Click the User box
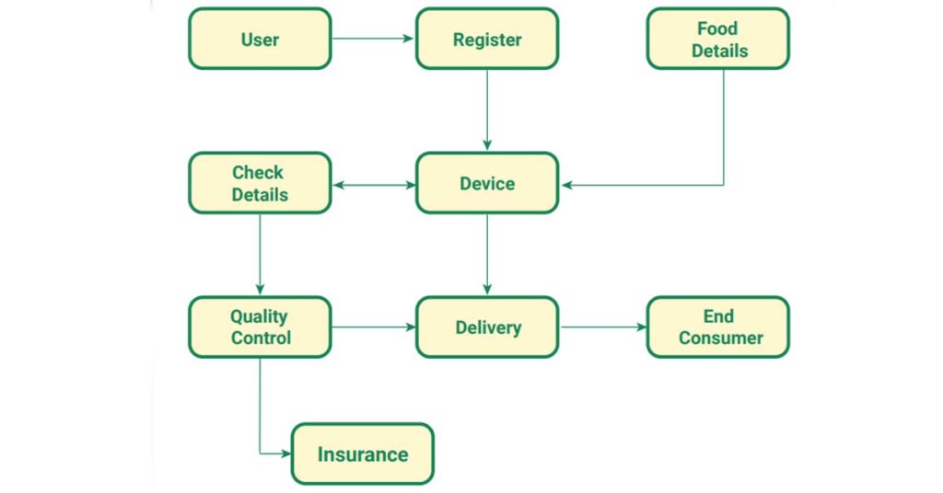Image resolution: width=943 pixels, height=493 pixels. [x=260, y=40]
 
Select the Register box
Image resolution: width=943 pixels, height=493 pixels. [x=486, y=40]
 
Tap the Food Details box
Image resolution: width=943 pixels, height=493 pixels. [x=717, y=40]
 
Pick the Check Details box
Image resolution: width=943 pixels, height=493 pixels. [x=260, y=183]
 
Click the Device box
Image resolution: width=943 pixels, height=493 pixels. [x=486, y=183]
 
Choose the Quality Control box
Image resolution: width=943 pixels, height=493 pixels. [x=260, y=327]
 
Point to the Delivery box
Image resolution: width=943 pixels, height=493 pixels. [x=486, y=327]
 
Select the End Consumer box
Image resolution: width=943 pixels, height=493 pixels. [x=717, y=327]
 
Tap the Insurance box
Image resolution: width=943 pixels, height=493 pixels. [x=362, y=453]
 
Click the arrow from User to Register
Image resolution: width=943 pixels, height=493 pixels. [x=373, y=40]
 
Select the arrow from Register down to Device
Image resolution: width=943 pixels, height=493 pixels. [x=486, y=110]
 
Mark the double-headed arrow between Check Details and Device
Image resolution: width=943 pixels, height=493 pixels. [x=373, y=185]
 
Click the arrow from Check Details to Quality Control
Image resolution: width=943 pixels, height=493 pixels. [x=260, y=255]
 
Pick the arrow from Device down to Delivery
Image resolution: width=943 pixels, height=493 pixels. [x=486, y=255]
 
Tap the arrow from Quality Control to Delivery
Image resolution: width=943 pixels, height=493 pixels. [x=373, y=327]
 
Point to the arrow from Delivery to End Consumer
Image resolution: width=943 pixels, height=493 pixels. [x=602, y=327]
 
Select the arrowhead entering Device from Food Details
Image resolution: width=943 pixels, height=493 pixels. [x=567, y=185]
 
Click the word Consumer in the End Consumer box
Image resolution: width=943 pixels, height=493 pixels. [x=720, y=338]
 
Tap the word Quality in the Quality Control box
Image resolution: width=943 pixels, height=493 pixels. [x=260, y=316]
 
